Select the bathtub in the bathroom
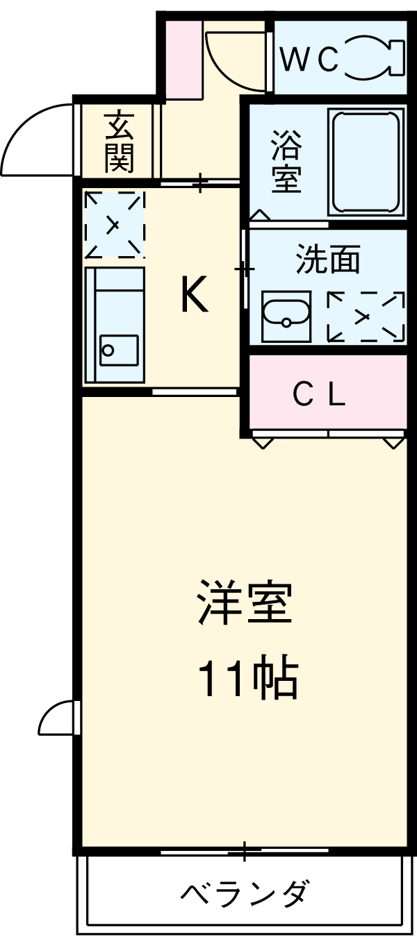coord(367,162)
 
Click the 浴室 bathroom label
coord(286,161)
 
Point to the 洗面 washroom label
coord(328,259)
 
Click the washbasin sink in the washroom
coord(286,316)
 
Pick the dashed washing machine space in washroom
coord(366,316)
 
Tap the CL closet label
coord(318,396)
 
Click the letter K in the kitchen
coord(194,294)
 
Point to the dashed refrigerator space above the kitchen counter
coord(114,223)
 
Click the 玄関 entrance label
coord(119,142)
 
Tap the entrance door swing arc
coord(31,135)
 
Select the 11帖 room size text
coord(248,679)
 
